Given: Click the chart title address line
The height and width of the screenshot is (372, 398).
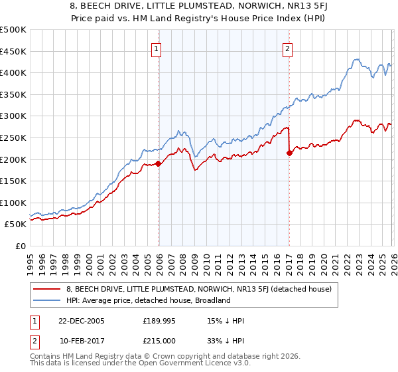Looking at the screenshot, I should [199, 6].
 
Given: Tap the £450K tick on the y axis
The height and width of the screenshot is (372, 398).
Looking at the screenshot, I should [13, 51].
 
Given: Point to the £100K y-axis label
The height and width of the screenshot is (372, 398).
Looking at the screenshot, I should [13, 203].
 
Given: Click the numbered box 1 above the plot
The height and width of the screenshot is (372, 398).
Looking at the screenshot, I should [157, 48].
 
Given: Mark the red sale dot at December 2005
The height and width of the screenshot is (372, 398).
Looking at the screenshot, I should [159, 163].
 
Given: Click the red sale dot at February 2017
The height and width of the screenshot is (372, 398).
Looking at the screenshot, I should [289, 153].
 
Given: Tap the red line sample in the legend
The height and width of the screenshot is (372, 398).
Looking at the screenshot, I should [47, 289].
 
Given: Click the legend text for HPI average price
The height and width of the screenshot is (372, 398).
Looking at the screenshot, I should [148, 300].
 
